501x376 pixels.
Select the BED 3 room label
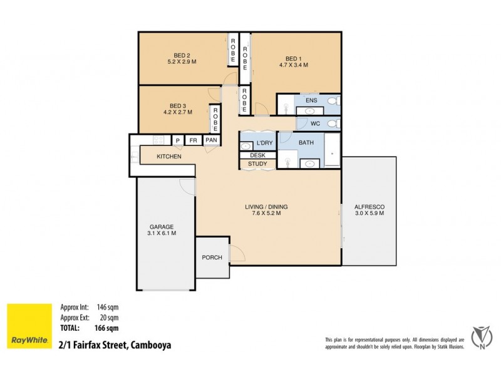pos(178,105)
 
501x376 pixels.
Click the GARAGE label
pos(161,226)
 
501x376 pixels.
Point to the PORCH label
pos(212,258)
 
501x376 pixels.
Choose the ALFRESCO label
pos(369,207)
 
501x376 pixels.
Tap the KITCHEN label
pos(169,156)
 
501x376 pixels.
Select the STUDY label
pos(257,164)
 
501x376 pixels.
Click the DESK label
pos(257,155)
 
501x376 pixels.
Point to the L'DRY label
pos(266,143)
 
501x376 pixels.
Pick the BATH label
pos(306,143)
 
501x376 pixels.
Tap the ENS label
pos(311,100)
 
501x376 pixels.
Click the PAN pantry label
pos(211,140)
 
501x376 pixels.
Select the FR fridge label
pos(194,140)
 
